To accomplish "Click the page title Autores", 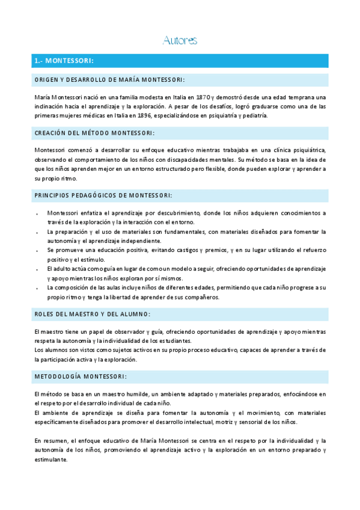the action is coord(180,41).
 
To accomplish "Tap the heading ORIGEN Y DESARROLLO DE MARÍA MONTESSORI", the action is coord(109,80).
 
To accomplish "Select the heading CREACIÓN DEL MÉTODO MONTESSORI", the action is coord(94,133).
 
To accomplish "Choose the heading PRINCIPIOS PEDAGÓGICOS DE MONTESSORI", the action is coord(103,195).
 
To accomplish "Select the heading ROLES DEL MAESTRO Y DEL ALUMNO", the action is coord(91,314).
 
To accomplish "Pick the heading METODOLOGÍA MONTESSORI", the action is coord(80,376).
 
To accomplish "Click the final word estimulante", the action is coord(50,459).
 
